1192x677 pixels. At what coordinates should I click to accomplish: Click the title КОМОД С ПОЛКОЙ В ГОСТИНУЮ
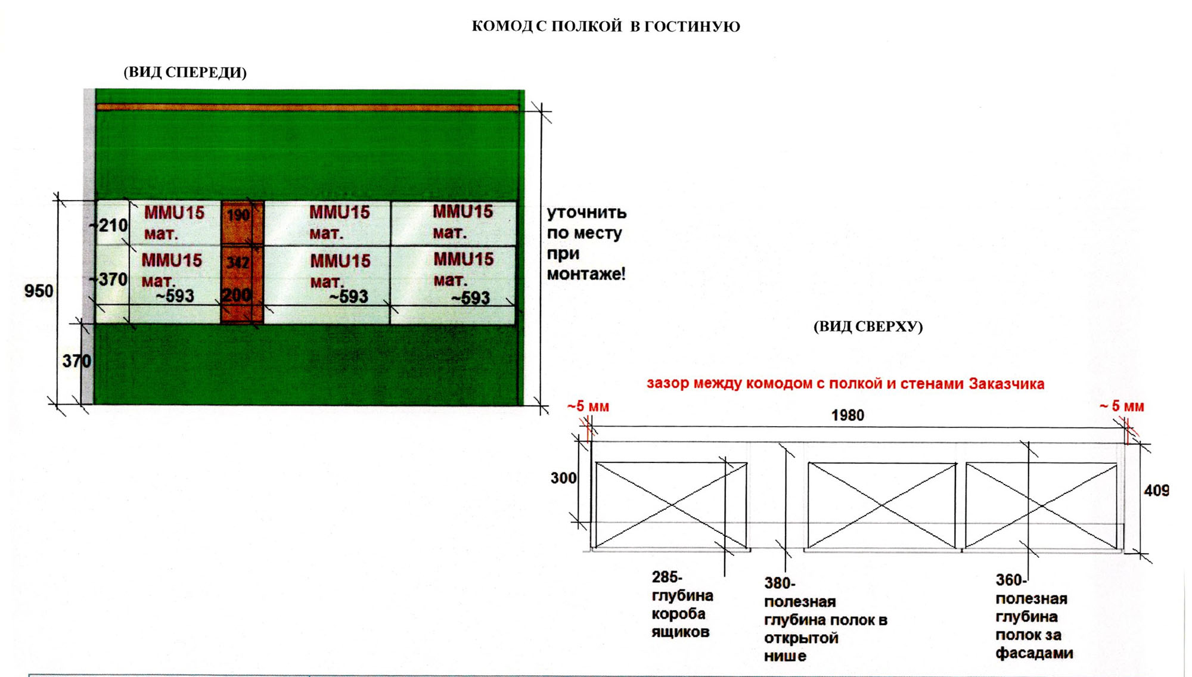pos(606,26)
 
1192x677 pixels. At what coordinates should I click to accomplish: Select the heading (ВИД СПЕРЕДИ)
pos(185,72)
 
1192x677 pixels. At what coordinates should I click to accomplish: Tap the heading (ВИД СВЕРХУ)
pos(868,327)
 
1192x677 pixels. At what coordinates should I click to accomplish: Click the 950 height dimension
pos(39,291)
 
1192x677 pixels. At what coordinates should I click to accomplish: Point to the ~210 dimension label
pos(108,225)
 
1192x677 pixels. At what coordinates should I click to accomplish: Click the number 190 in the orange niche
pos(238,215)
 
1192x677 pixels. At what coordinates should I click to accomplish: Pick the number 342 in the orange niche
pos(238,262)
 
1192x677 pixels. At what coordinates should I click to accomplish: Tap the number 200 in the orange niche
pos(237,295)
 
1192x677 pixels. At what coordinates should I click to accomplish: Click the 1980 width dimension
pos(848,415)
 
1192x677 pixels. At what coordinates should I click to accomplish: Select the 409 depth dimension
pos(1156,490)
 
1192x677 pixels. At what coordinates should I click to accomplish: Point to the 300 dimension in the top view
pos(563,478)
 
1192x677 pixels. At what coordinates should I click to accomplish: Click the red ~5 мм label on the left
pos(588,406)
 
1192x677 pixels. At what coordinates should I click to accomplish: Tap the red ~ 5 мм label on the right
pos(1122,406)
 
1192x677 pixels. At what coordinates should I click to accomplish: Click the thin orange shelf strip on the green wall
pos(308,107)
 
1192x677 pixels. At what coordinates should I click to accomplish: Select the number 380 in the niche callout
pos(780,583)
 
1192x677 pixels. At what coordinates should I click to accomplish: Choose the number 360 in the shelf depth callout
pos(1011,580)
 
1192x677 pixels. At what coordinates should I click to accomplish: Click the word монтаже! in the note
pos(586,274)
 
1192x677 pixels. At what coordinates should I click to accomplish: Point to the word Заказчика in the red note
pos(1006,384)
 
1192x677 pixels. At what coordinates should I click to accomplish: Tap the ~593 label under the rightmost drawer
pos(470,297)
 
